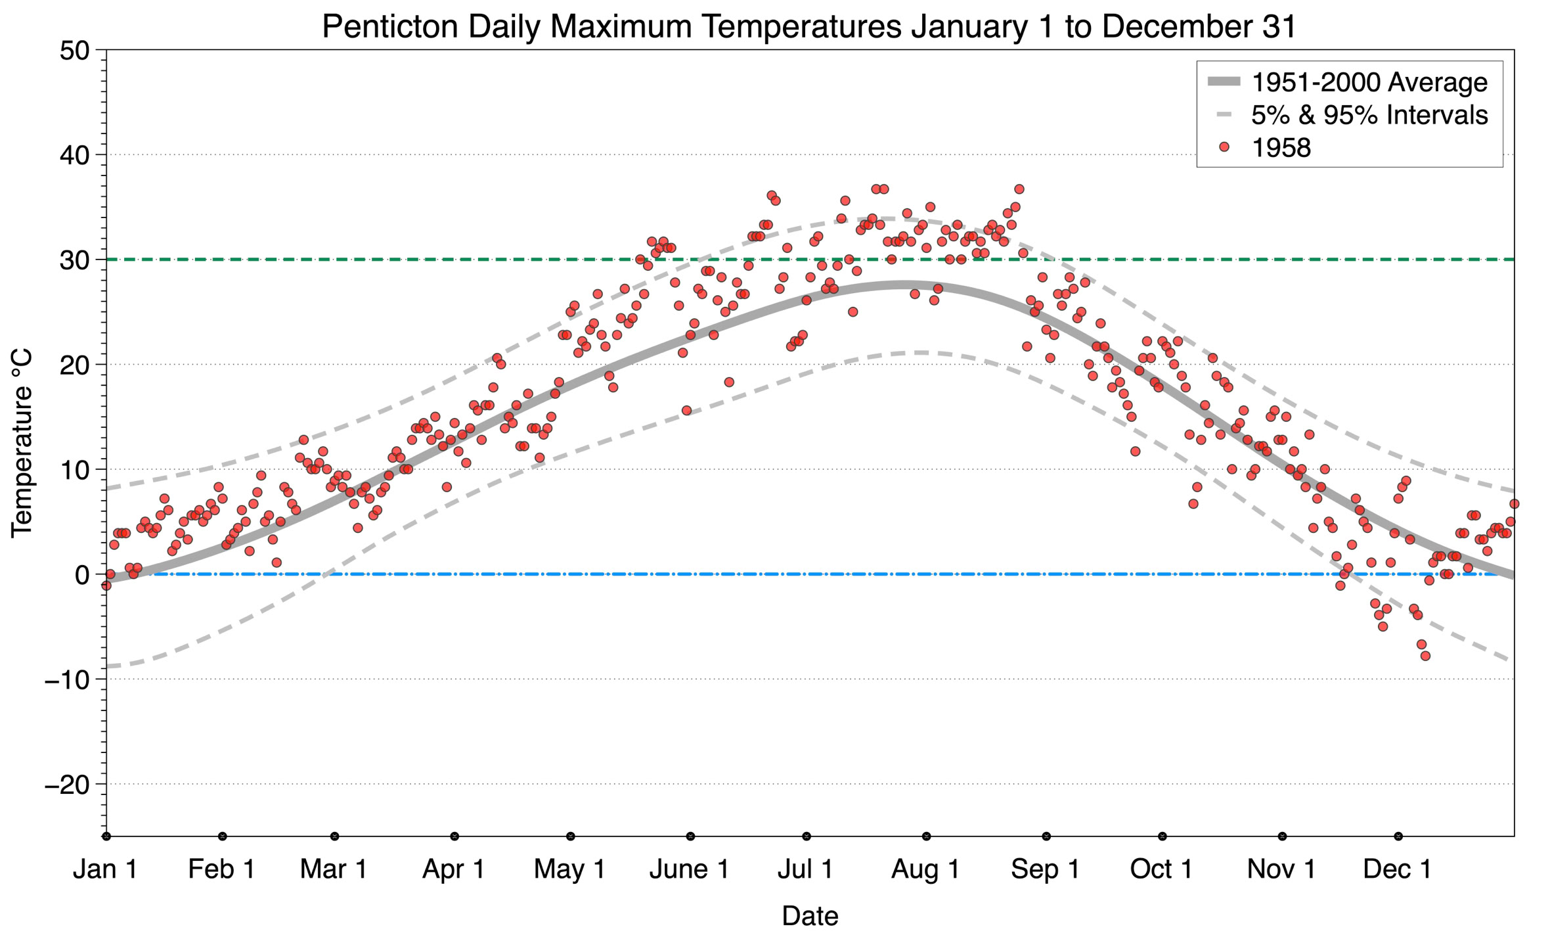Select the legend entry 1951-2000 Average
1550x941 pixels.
[1369, 83]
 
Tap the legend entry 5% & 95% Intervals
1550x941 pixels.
[1369, 115]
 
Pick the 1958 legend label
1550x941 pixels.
[1281, 148]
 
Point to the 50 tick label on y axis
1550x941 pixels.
[74, 51]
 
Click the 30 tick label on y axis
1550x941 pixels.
[74, 260]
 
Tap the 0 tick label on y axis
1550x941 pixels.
[82, 575]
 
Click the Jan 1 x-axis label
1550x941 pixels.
[105, 869]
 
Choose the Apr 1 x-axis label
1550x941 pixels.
[453, 869]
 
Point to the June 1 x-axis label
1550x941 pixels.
[689, 869]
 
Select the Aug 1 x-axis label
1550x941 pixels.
[925, 869]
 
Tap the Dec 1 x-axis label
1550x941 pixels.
[1397, 869]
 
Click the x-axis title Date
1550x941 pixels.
[810, 916]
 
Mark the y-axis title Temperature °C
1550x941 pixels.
[22, 443]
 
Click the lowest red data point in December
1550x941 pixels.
[1425, 656]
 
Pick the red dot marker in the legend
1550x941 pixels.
[1224, 148]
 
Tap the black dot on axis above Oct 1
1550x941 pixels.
[1162, 837]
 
